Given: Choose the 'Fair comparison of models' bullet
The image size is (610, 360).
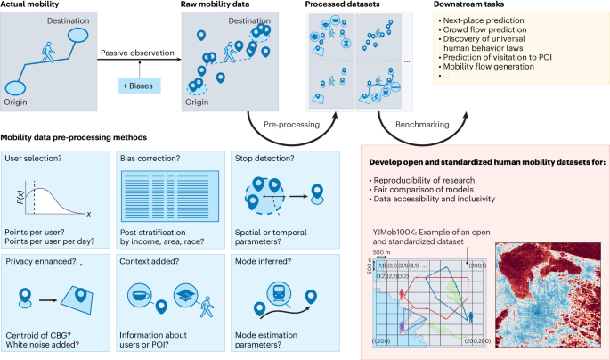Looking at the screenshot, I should click(x=427, y=191).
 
